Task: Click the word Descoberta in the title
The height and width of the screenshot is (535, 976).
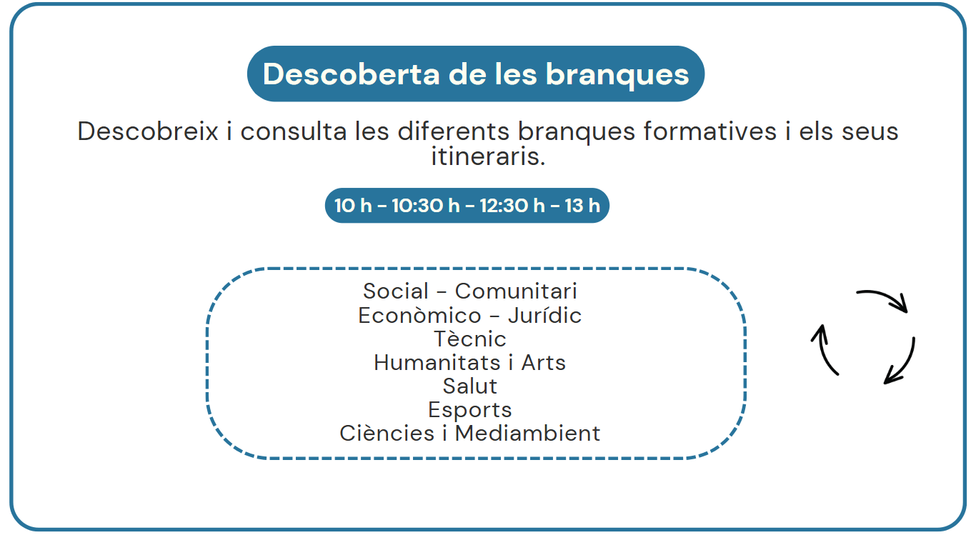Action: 352,74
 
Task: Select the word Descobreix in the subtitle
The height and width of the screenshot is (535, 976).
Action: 148,131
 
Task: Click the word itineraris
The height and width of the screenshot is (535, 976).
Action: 488,156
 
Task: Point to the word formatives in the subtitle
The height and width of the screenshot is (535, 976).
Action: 710,131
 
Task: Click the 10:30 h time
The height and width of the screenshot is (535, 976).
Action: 426,206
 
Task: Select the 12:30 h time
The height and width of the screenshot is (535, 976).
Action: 512,206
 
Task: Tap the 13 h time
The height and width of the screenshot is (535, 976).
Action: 582,206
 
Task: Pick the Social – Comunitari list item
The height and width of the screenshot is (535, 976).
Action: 470,291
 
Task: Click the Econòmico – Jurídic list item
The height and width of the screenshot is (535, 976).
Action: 470,316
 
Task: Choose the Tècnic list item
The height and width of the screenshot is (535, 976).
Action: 470,339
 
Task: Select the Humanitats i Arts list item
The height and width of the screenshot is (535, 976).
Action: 470,362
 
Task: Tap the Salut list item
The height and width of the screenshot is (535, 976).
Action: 470,386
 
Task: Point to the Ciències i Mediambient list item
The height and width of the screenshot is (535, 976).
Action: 470,434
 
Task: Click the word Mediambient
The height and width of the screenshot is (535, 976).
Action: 527,434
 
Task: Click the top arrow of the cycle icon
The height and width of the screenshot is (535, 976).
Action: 885,297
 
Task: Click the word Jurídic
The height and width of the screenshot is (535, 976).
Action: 545,316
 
